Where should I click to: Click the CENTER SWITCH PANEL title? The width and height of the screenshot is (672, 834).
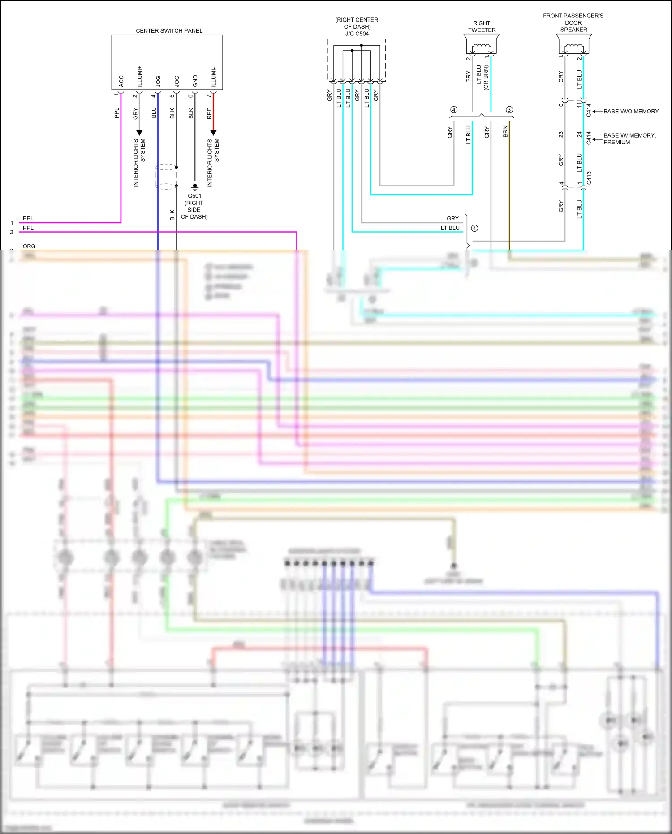[x=169, y=30]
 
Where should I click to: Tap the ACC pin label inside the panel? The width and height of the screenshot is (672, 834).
[x=121, y=81]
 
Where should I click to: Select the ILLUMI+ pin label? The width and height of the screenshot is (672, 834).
[x=140, y=77]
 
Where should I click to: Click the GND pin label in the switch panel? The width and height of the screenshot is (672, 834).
[x=195, y=81]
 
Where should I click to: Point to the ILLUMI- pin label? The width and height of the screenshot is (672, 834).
[x=214, y=78]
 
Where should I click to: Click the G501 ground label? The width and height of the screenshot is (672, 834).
[x=194, y=196]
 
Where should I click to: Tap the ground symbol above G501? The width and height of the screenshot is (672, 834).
[x=194, y=186]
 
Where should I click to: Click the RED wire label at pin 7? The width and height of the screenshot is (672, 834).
[x=209, y=113]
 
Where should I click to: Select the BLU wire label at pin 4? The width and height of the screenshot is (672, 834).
[x=154, y=112]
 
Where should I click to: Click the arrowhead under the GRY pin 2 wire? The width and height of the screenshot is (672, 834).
[x=139, y=133]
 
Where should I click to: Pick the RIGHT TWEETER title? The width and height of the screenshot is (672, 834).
[x=482, y=26]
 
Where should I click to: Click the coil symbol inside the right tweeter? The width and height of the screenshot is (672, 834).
[x=482, y=46]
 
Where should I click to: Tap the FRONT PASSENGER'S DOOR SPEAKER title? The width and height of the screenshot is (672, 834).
[x=573, y=22]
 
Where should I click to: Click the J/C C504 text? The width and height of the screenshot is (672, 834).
[x=357, y=34]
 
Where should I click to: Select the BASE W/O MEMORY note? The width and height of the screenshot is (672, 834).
[x=631, y=111]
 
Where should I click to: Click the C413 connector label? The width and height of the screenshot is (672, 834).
[x=589, y=178]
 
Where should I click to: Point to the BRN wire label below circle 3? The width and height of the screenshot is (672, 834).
[x=505, y=131]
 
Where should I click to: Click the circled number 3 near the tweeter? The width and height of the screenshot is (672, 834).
[x=509, y=110]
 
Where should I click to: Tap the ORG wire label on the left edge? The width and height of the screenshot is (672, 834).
[x=29, y=246]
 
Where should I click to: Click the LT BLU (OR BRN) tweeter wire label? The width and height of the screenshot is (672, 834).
[x=482, y=77]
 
